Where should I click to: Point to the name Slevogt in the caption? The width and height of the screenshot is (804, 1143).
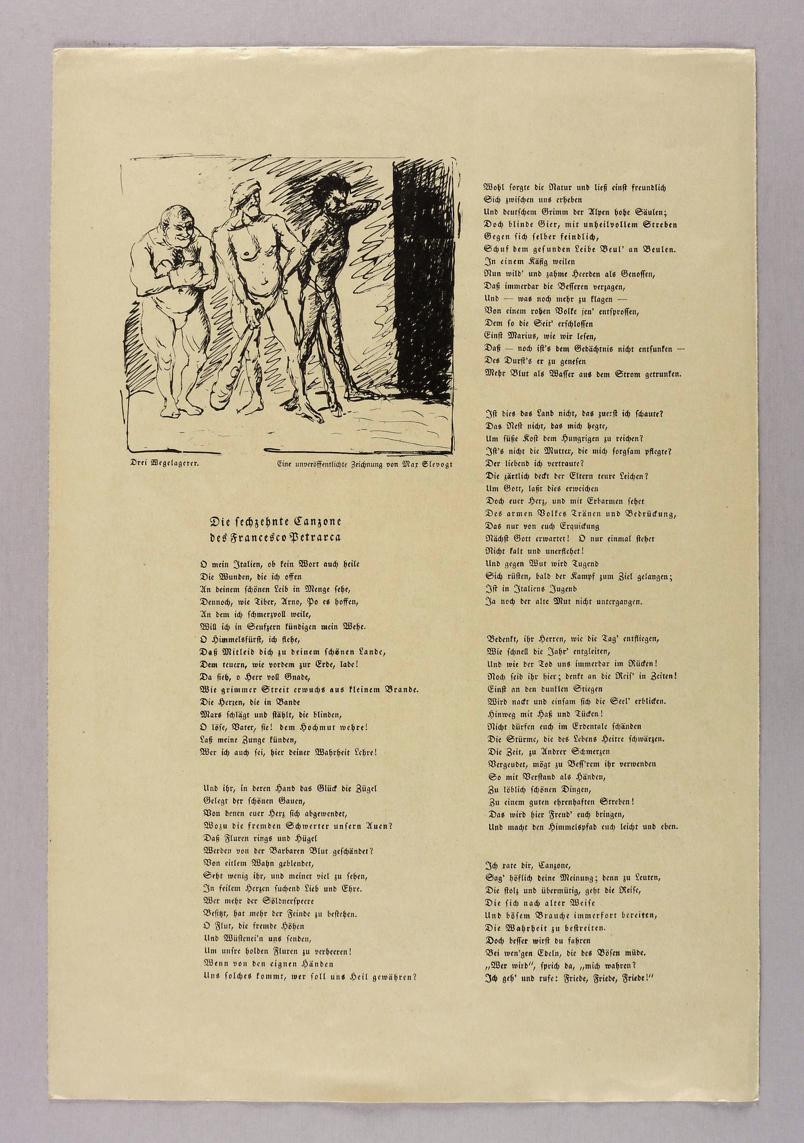437,465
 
